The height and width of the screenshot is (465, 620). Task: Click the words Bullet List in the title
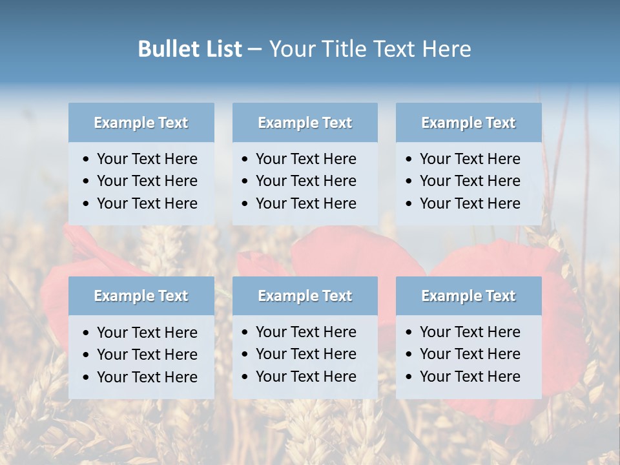pyautogui.click(x=190, y=48)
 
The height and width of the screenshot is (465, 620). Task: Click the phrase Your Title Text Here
pyautogui.click(x=369, y=48)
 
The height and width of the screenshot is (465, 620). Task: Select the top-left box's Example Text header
pyautogui.click(x=141, y=123)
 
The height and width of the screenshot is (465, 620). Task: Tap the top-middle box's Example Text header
pyautogui.click(x=305, y=123)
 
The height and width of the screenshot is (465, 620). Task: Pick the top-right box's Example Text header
pyautogui.click(x=468, y=123)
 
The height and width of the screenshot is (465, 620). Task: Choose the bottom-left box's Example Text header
pyautogui.click(x=141, y=296)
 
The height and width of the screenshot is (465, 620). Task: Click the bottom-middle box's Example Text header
pyautogui.click(x=305, y=296)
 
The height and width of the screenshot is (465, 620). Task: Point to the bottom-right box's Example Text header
pyautogui.click(x=468, y=296)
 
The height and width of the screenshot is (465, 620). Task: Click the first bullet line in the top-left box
pyautogui.click(x=147, y=159)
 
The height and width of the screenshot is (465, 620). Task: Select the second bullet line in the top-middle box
pyautogui.click(x=305, y=181)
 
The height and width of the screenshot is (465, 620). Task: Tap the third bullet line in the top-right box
pyautogui.click(x=470, y=203)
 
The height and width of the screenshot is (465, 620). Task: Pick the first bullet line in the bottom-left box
pyautogui.click(x=147, y=333)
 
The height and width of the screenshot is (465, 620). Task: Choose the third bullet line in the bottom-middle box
pyautogui.click(x=305, y=377)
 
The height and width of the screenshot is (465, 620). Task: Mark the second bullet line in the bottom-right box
pyautogui.click(x=470, y=354)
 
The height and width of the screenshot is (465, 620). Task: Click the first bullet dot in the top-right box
pyautogui.click(x=409, y=160)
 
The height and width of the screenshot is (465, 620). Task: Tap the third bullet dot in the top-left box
pyautogui.click(x=86, y=204)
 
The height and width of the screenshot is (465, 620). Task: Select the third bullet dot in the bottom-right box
pyautogui.click(x=409, y=377)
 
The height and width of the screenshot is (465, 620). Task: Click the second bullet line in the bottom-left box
pyautogui.click(x=147, y=355)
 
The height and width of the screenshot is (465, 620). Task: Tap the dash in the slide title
pyautogui.click(x=254, y=50)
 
